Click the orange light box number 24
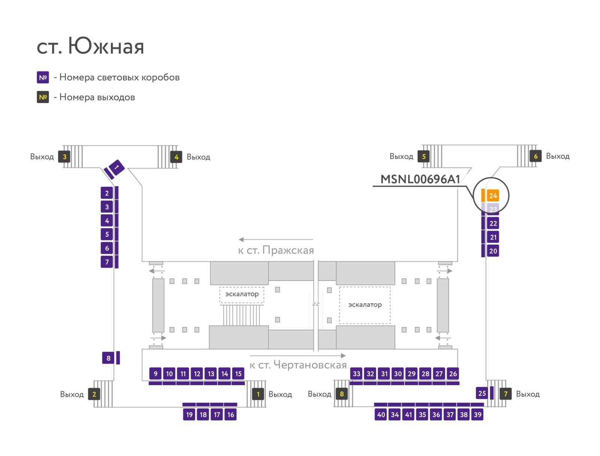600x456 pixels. [x=493, y=196]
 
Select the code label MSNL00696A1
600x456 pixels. [x=420, y=179]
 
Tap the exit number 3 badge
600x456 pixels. [x=64, y=156]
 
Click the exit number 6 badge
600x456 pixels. [x=535, y=156]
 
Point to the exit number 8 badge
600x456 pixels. [x=341, y=394]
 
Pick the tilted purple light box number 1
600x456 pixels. [x=117, y=167]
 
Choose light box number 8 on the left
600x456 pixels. [x=108, y=358]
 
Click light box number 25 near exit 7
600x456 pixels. [x=482, y=393]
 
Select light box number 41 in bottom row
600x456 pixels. [x=408, y=414]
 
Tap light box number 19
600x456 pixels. [x=189, y=414]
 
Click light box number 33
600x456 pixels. [x=357, y=373]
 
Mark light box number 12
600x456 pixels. [x=197, y=373]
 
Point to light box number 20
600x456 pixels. [x=493, y=251]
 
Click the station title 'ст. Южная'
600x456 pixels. [x=90, y=46]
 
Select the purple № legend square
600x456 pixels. [x=43, y=77]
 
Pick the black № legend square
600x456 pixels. [x=43, y=97]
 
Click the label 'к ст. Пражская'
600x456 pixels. [x=276, y=250]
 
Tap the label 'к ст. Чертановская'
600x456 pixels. [x=298, y=365]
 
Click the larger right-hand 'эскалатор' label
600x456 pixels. [x=365, y=304]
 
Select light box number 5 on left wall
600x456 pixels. [x=107, y=234]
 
